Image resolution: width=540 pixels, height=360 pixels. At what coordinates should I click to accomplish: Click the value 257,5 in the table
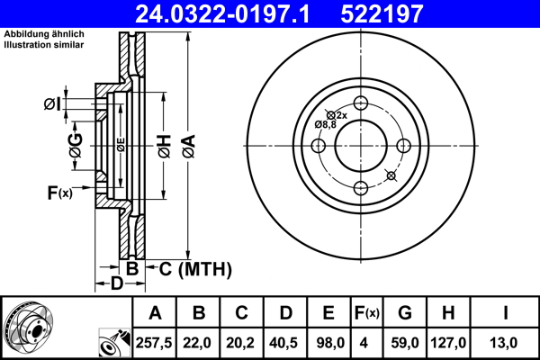coord(155,342)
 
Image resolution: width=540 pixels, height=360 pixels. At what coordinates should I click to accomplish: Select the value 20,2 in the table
coord(242,342)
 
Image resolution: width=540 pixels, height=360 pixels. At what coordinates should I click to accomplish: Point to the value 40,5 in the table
coord(285,342)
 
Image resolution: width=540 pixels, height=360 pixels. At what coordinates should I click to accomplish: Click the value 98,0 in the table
coord(328,342)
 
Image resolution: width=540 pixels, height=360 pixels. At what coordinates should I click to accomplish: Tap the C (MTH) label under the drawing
coord(195,268)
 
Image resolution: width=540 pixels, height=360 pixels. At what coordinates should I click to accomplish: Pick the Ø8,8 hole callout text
coord(324,124)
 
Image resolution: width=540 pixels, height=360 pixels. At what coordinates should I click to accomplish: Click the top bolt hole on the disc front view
coord(360,102)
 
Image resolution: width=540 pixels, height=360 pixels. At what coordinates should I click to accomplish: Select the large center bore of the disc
coord(360,145)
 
